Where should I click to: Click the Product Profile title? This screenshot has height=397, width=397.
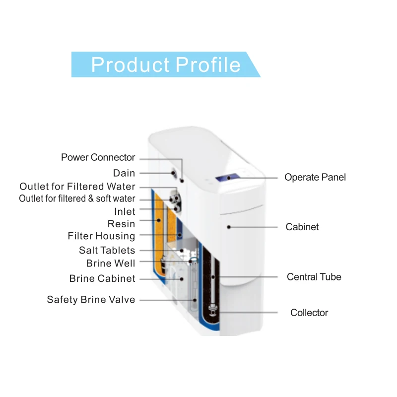[166, 65]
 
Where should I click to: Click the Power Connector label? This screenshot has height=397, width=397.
[98, 157]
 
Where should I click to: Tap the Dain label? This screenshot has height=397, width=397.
[124, 173]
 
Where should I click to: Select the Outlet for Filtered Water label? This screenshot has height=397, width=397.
[77, 187]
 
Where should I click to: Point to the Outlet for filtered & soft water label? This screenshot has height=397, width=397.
[77, 198]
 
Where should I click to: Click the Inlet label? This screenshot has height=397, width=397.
[125, 212]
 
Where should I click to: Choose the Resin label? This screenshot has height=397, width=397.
[121, 224]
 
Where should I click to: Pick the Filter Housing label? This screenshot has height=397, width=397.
[101, 236]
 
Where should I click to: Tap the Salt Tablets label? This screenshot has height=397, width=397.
[107, 251]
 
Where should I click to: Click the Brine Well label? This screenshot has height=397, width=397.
[110, 263]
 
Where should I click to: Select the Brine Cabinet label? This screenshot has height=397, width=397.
[102, 278]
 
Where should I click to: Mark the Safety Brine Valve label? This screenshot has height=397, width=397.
[91, 300]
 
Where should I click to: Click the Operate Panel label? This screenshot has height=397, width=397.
[315, 177]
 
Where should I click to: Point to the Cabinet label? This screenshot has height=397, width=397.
[302, 227]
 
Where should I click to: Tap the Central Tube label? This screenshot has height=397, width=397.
[314, 276]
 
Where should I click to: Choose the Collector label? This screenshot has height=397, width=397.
[309, 313]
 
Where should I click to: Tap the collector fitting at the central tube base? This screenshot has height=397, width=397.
[213, 312]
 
